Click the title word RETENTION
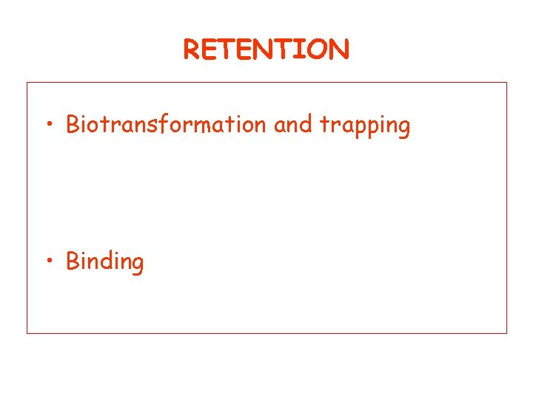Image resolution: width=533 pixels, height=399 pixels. tap(266, 50)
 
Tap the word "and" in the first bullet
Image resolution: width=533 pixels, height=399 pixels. tap(293, 125)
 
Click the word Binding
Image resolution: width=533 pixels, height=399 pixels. tap(105, 262)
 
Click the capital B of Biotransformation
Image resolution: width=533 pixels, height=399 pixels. tap(73, 125)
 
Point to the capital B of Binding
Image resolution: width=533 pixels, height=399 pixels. tap(73, 261)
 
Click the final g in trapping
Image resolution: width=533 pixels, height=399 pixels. tap(403, 128)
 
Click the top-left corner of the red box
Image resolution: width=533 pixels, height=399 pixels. tap(27, 82)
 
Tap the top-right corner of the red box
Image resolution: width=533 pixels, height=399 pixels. tap(507, 82)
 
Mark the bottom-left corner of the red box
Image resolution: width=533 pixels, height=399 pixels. tap(27, 333)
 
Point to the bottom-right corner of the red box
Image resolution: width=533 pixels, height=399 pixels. tap(507, 333)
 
